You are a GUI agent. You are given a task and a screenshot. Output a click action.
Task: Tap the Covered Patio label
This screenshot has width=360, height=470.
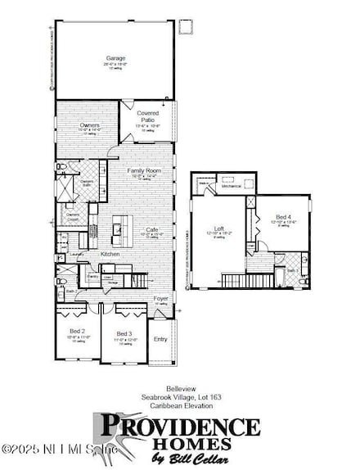pyautogui.click(x=147, y=116)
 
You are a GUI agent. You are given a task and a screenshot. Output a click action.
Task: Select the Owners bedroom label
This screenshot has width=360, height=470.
pyautogui.click(x=79, y=125)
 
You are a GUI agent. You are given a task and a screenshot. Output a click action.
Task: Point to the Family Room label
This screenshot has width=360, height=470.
pyautogui.click(x=144, y=170)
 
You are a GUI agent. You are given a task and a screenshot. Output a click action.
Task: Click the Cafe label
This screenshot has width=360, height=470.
pyautogui.click(x=151, y=230)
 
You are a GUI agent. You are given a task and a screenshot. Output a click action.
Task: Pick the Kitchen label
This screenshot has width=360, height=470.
pyautogui.click(x=110, y=255)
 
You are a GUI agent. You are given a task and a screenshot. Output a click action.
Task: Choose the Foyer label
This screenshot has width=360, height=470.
pyautogui.click(x=161, y=298)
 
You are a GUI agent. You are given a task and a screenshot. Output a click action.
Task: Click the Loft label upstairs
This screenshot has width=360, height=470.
pyautogui.click(x=219, y=228)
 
